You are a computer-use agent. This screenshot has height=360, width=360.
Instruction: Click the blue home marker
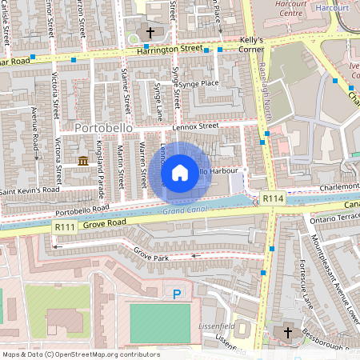180,172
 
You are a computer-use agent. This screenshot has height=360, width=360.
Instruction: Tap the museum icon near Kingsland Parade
84,162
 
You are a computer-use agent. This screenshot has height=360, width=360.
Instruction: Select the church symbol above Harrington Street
150,32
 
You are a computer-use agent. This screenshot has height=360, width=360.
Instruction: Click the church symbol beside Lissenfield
288,332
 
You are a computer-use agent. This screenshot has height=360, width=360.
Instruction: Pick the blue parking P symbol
177,294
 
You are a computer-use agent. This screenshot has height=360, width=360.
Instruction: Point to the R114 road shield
273,198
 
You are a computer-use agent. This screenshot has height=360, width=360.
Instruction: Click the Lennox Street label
197,126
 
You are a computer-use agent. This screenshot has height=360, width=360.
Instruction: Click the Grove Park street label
152,257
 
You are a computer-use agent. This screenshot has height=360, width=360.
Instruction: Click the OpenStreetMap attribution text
80,354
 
